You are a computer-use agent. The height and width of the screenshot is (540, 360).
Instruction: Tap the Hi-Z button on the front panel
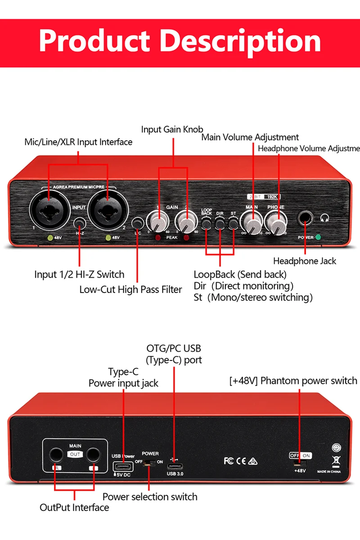(80, 223)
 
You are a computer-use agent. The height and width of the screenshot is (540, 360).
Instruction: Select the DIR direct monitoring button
(220, 223)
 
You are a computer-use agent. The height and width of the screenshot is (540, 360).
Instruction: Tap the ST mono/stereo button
(233, 223)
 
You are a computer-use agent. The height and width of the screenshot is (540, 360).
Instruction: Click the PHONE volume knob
(276, 221)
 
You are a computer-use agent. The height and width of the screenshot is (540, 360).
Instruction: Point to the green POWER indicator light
(319, 237)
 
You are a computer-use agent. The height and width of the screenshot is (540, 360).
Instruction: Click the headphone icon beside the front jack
(324, 218)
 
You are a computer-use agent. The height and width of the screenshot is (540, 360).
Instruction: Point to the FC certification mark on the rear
(229, 461)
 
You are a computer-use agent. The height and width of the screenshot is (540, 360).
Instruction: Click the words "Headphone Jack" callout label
(305, 261)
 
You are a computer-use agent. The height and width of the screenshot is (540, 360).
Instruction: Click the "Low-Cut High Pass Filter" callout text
(130, 289)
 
